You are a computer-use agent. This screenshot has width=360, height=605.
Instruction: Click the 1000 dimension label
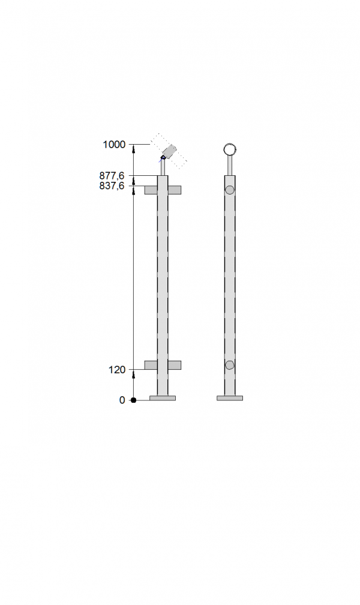coord(114,144)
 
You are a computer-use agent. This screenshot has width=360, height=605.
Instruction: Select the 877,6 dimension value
coord(112,176)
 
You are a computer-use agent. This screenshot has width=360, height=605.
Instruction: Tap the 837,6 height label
coord(112,186)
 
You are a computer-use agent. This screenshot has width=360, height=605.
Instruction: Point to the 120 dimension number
coord(117,370)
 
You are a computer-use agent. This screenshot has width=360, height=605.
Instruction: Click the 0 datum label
coord(122,400)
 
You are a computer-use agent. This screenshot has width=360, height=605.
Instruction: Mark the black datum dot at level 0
coord(134,400)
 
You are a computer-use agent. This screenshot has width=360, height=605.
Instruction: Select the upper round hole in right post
coord(230,190)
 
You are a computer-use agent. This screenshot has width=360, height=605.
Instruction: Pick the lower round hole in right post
coord(230,365)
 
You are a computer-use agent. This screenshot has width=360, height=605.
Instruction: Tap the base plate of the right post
coord(230,398)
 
